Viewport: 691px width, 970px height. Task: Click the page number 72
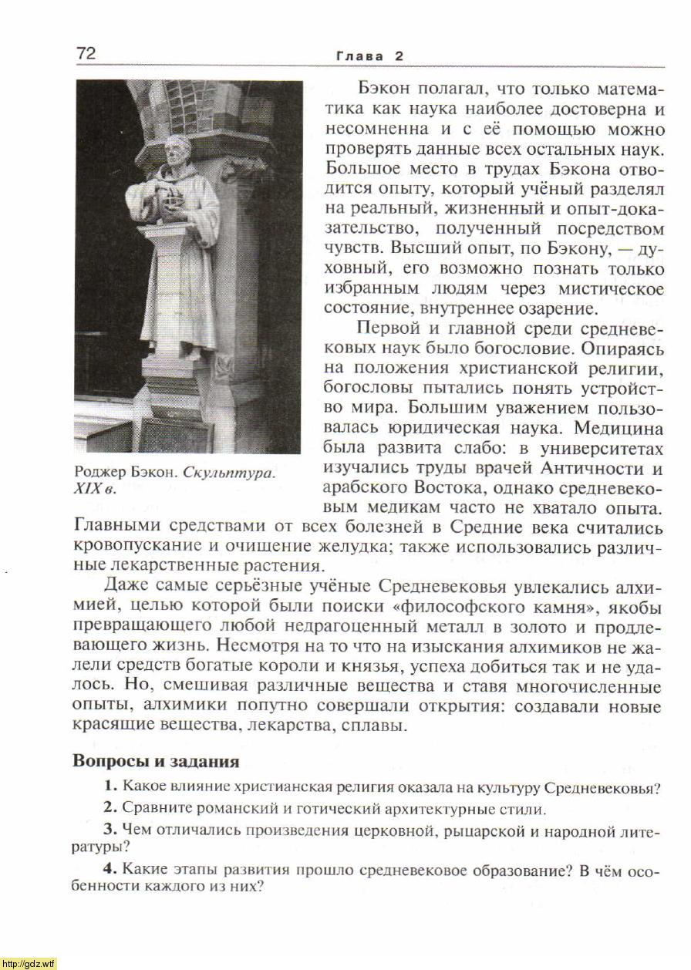click(86, 53)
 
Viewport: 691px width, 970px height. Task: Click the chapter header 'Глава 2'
click(369, 56)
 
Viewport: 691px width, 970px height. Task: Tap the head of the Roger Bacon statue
click(177, 151)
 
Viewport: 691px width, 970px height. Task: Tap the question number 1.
click(110, 787)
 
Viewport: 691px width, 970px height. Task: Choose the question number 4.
click(110, 869)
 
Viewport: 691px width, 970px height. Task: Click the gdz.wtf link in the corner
click(29, 963)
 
